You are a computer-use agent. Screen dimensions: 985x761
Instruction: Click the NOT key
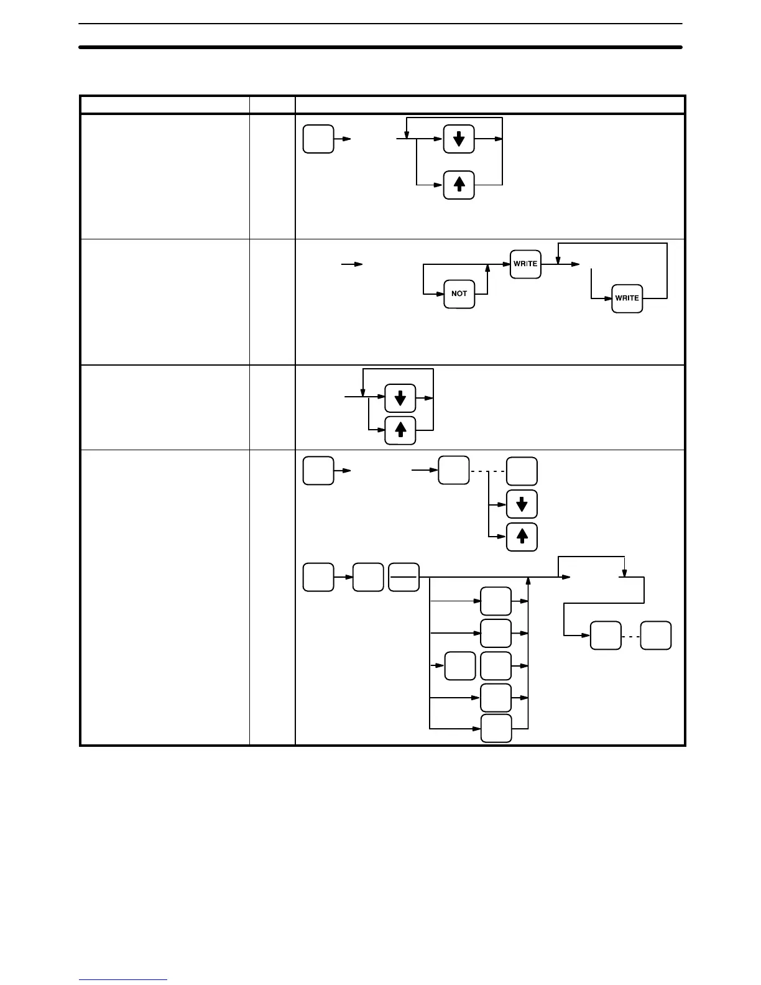click(459, 294)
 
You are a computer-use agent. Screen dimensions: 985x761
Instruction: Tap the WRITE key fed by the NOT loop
click(525, 264)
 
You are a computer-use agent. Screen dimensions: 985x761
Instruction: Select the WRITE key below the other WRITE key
click(627, 298)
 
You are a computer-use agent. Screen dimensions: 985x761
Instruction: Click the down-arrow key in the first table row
click(459, 139)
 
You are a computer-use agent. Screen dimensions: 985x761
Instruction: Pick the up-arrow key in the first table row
click(459, 185)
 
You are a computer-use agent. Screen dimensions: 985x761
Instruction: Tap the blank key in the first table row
click(318, 139)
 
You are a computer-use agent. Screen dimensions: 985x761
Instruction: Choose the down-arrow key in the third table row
click(400, 397)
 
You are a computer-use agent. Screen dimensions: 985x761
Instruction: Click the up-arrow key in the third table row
click(400, 430)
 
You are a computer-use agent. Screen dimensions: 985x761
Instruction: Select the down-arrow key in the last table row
click(522, 504)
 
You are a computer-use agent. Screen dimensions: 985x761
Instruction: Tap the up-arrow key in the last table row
click(522, 537)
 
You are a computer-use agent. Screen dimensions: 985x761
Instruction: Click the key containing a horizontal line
click(404, 576)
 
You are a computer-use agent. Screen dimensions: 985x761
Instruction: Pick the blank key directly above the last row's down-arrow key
click(522, 471)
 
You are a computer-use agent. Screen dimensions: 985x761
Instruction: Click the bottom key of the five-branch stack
click(496, 728)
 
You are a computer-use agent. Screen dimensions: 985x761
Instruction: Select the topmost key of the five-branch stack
click(496, 601)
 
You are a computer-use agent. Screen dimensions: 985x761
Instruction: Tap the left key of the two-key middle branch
click(460, 666)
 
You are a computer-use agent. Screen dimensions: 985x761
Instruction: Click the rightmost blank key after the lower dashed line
click(656, 636)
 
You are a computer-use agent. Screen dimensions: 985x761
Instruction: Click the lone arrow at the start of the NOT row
click(352, 264)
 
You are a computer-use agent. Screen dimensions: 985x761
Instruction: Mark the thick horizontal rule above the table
click(380, 47)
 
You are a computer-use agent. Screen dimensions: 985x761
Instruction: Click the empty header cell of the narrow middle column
click(272, 104)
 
